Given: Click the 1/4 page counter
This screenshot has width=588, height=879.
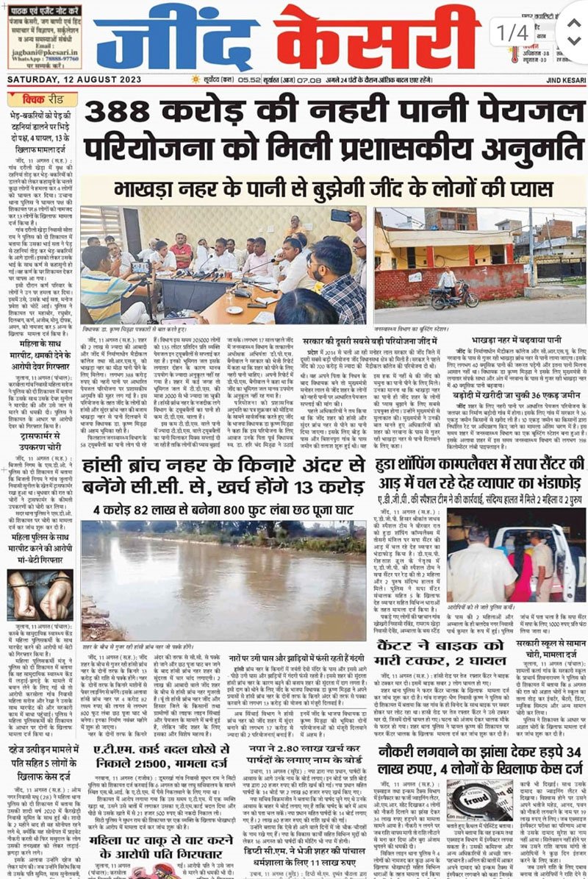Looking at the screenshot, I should [x=512, y=32].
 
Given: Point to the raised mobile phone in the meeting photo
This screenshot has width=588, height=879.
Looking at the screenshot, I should [x=341, y=216].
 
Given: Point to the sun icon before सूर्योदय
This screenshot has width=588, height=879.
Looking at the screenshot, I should [x=195, y=79].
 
